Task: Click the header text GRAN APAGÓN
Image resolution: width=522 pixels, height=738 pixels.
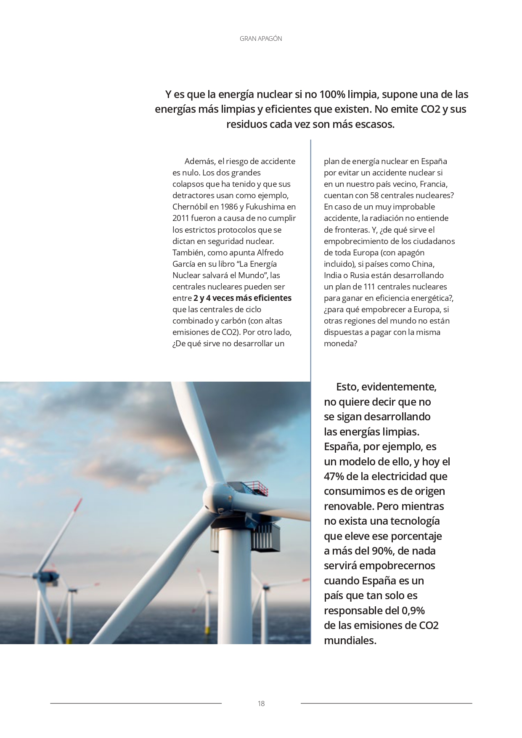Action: coord(261,39)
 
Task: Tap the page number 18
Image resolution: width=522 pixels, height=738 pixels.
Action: coord(261,703)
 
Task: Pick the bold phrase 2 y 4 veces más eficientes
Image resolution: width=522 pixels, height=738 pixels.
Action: coord(242,298)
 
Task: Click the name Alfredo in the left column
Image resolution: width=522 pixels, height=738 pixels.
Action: coord(270,252)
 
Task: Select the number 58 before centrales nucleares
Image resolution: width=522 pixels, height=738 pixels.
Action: coord(375,196)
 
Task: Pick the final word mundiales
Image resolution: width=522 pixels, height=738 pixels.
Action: coord(350,640)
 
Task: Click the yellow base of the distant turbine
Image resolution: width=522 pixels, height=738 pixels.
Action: coord(207,631)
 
